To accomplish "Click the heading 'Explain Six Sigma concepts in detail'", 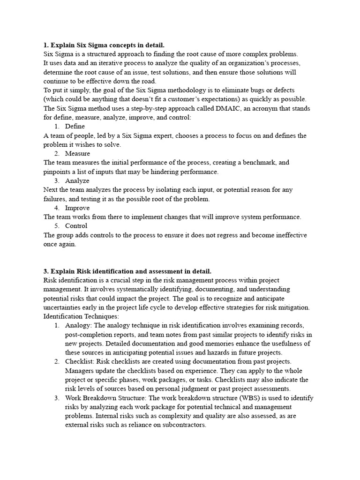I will (x=104, y=45).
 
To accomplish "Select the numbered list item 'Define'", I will (x=75, y=127).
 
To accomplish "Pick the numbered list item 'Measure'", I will (x=77, y=153).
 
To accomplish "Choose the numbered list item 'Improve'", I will (x=77, y=208).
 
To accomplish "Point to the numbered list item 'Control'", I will (x=76, y=226).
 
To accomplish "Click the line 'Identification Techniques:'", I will (x=75, y=316).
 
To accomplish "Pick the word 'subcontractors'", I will (x=183, y=425).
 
